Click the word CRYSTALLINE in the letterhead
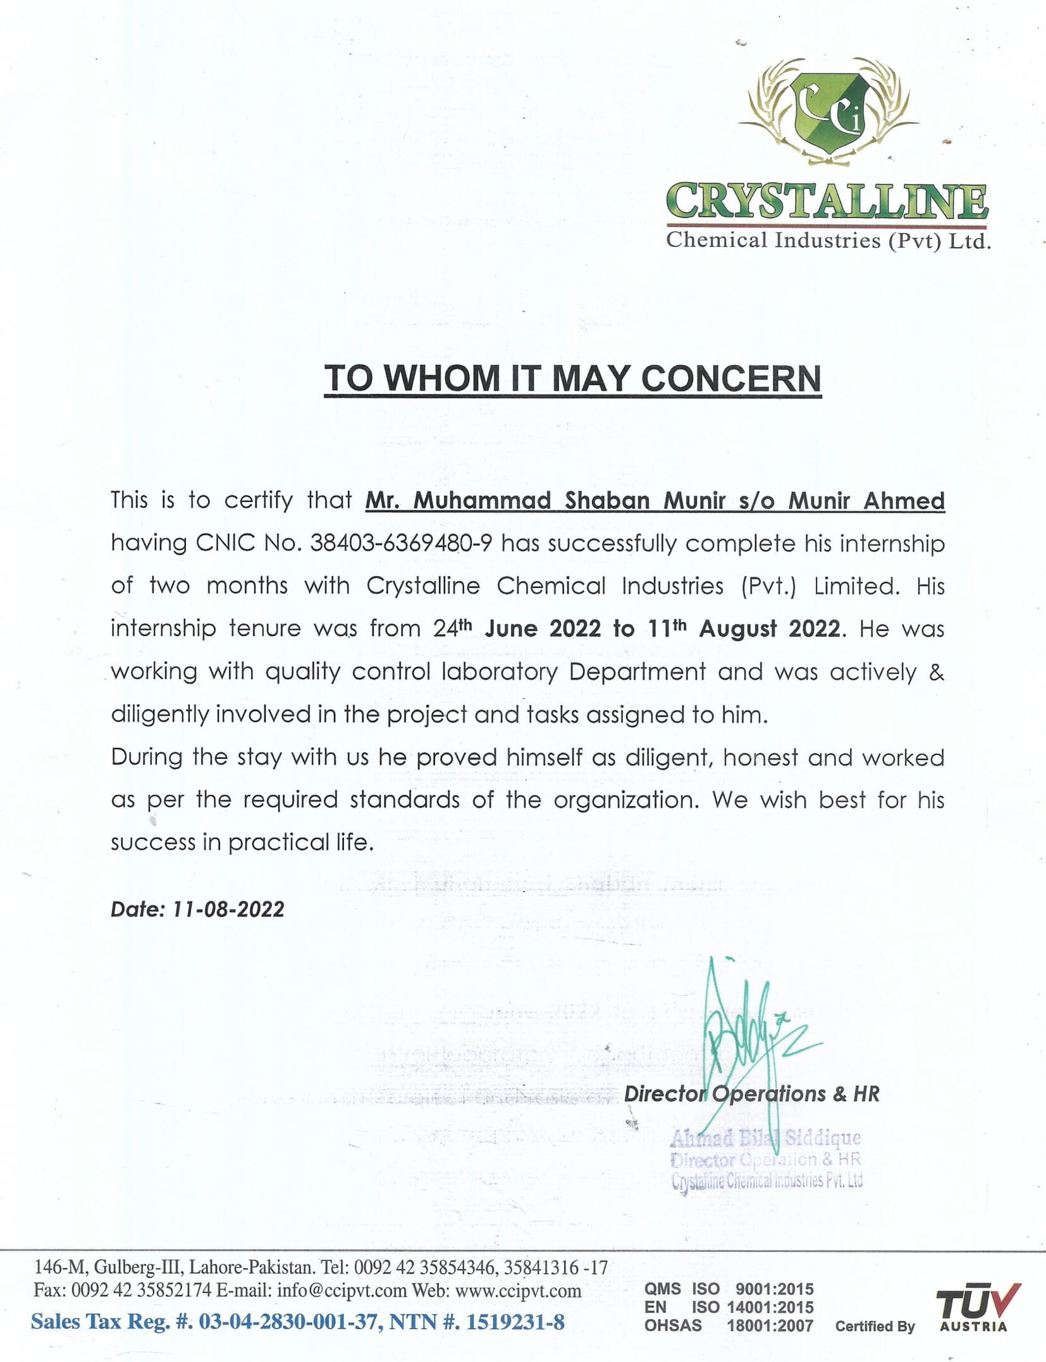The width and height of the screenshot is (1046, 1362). point(827,202)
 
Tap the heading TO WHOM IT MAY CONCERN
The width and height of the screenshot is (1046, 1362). point(572,379)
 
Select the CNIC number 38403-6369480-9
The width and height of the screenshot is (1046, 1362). point(400,543)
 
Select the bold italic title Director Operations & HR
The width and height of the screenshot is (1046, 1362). point(751,1094)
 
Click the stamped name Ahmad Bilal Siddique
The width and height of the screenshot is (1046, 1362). point(765,1138)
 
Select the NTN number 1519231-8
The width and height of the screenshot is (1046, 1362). point(515,1322)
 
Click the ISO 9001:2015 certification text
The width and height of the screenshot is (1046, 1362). point(753,1289)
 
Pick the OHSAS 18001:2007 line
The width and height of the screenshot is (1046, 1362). point(729,1325)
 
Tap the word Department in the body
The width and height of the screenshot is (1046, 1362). point(637,672)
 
